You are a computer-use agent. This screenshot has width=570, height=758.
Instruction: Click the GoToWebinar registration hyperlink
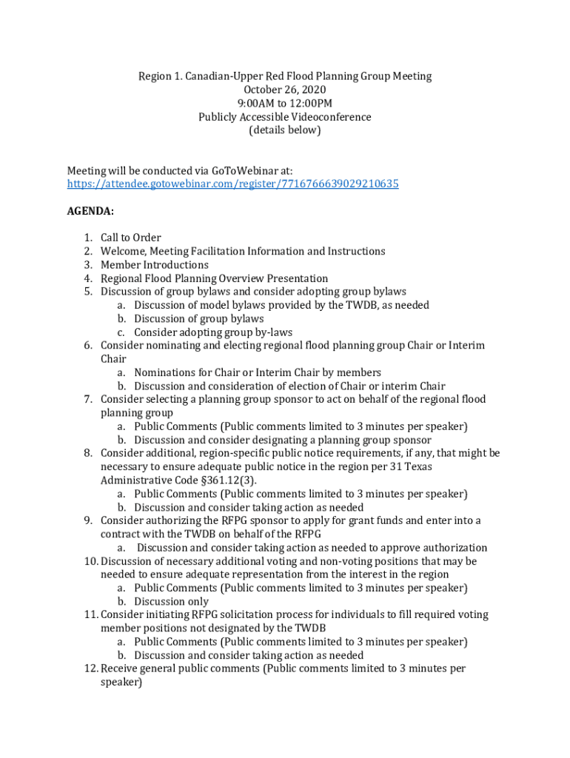coord(232,184)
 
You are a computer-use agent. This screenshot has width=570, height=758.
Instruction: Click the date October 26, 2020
coord(284,90)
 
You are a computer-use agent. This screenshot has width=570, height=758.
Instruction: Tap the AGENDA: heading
coord(90,211)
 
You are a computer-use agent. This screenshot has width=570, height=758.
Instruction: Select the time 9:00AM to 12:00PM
coord(284,103)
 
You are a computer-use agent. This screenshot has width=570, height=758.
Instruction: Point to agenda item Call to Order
coord(130,238)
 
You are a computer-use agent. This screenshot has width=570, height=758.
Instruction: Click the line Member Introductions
coord(155,265)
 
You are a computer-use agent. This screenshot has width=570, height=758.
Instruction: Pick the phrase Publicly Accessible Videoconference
coord(284,117)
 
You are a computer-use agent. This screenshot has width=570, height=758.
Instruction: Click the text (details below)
coord(285,130)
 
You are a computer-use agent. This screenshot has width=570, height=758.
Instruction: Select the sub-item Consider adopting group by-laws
coord(213,332)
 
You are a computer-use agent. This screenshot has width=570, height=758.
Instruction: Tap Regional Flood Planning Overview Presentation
coord(214,278)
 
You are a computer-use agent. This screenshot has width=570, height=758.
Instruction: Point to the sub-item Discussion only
coord(171,602)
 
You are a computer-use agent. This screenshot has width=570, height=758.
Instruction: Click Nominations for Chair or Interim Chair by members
coord(258,372)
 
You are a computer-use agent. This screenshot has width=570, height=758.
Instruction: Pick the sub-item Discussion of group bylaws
coord(198,319)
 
